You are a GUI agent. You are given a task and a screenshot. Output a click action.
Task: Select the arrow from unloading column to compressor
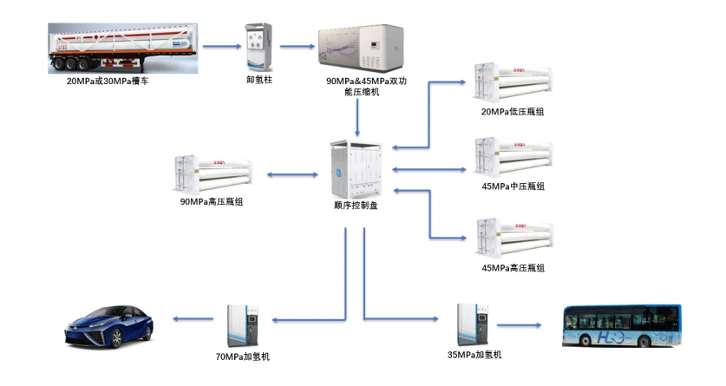[x=298, y=45]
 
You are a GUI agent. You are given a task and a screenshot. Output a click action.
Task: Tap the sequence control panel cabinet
[x=356, y=170]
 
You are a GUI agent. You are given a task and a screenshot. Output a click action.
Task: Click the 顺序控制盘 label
[x=356, y=206]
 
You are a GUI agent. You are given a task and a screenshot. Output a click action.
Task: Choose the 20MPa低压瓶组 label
[x=513, y=112]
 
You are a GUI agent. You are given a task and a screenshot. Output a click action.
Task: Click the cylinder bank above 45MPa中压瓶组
[x=513, y=158]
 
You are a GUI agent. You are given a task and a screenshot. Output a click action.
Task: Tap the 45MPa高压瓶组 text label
[x=513, y=268]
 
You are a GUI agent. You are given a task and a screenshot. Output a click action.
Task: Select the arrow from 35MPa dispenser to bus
[x=519, y=326]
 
